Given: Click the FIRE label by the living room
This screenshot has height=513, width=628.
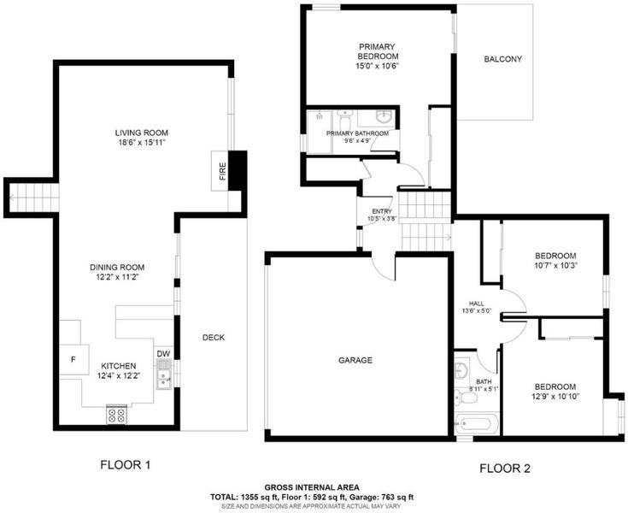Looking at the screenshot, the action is (x=223, y=171).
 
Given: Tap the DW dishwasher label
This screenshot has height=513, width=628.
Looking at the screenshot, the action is (x=163, y=354).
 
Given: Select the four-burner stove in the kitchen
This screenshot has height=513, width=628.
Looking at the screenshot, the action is (x=116, y=415).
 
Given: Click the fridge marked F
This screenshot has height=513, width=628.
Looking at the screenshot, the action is (x=73, y=359).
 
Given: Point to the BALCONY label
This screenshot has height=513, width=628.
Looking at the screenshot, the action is (x=502, y=59).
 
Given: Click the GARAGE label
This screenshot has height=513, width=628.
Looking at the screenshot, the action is (x=355, y=360).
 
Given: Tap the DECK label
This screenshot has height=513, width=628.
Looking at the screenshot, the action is (x=214, y=338).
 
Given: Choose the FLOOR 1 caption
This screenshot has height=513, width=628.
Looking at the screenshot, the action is (x=126, y=465).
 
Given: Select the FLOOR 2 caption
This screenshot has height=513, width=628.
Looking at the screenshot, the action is (x=505, y=469).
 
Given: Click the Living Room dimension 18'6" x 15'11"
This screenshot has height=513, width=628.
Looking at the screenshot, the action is (x=142, y=142).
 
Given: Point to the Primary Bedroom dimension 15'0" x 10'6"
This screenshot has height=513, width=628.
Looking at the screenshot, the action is (x=378, y=66).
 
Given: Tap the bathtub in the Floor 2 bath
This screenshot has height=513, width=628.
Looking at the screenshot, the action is (x=477, y=423).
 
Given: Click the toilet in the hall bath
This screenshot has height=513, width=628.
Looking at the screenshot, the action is (x=466, y=398).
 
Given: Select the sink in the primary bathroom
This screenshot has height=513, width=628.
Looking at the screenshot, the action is (x=384, y=117).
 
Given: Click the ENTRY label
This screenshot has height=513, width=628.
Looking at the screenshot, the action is (x=382, y=212).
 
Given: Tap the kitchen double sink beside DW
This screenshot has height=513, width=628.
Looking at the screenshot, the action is (x=164, y=374).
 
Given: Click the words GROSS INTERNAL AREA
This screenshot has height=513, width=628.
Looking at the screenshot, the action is (x=312, y=487).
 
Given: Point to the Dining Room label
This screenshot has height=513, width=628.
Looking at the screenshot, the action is (x=117, y=268).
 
